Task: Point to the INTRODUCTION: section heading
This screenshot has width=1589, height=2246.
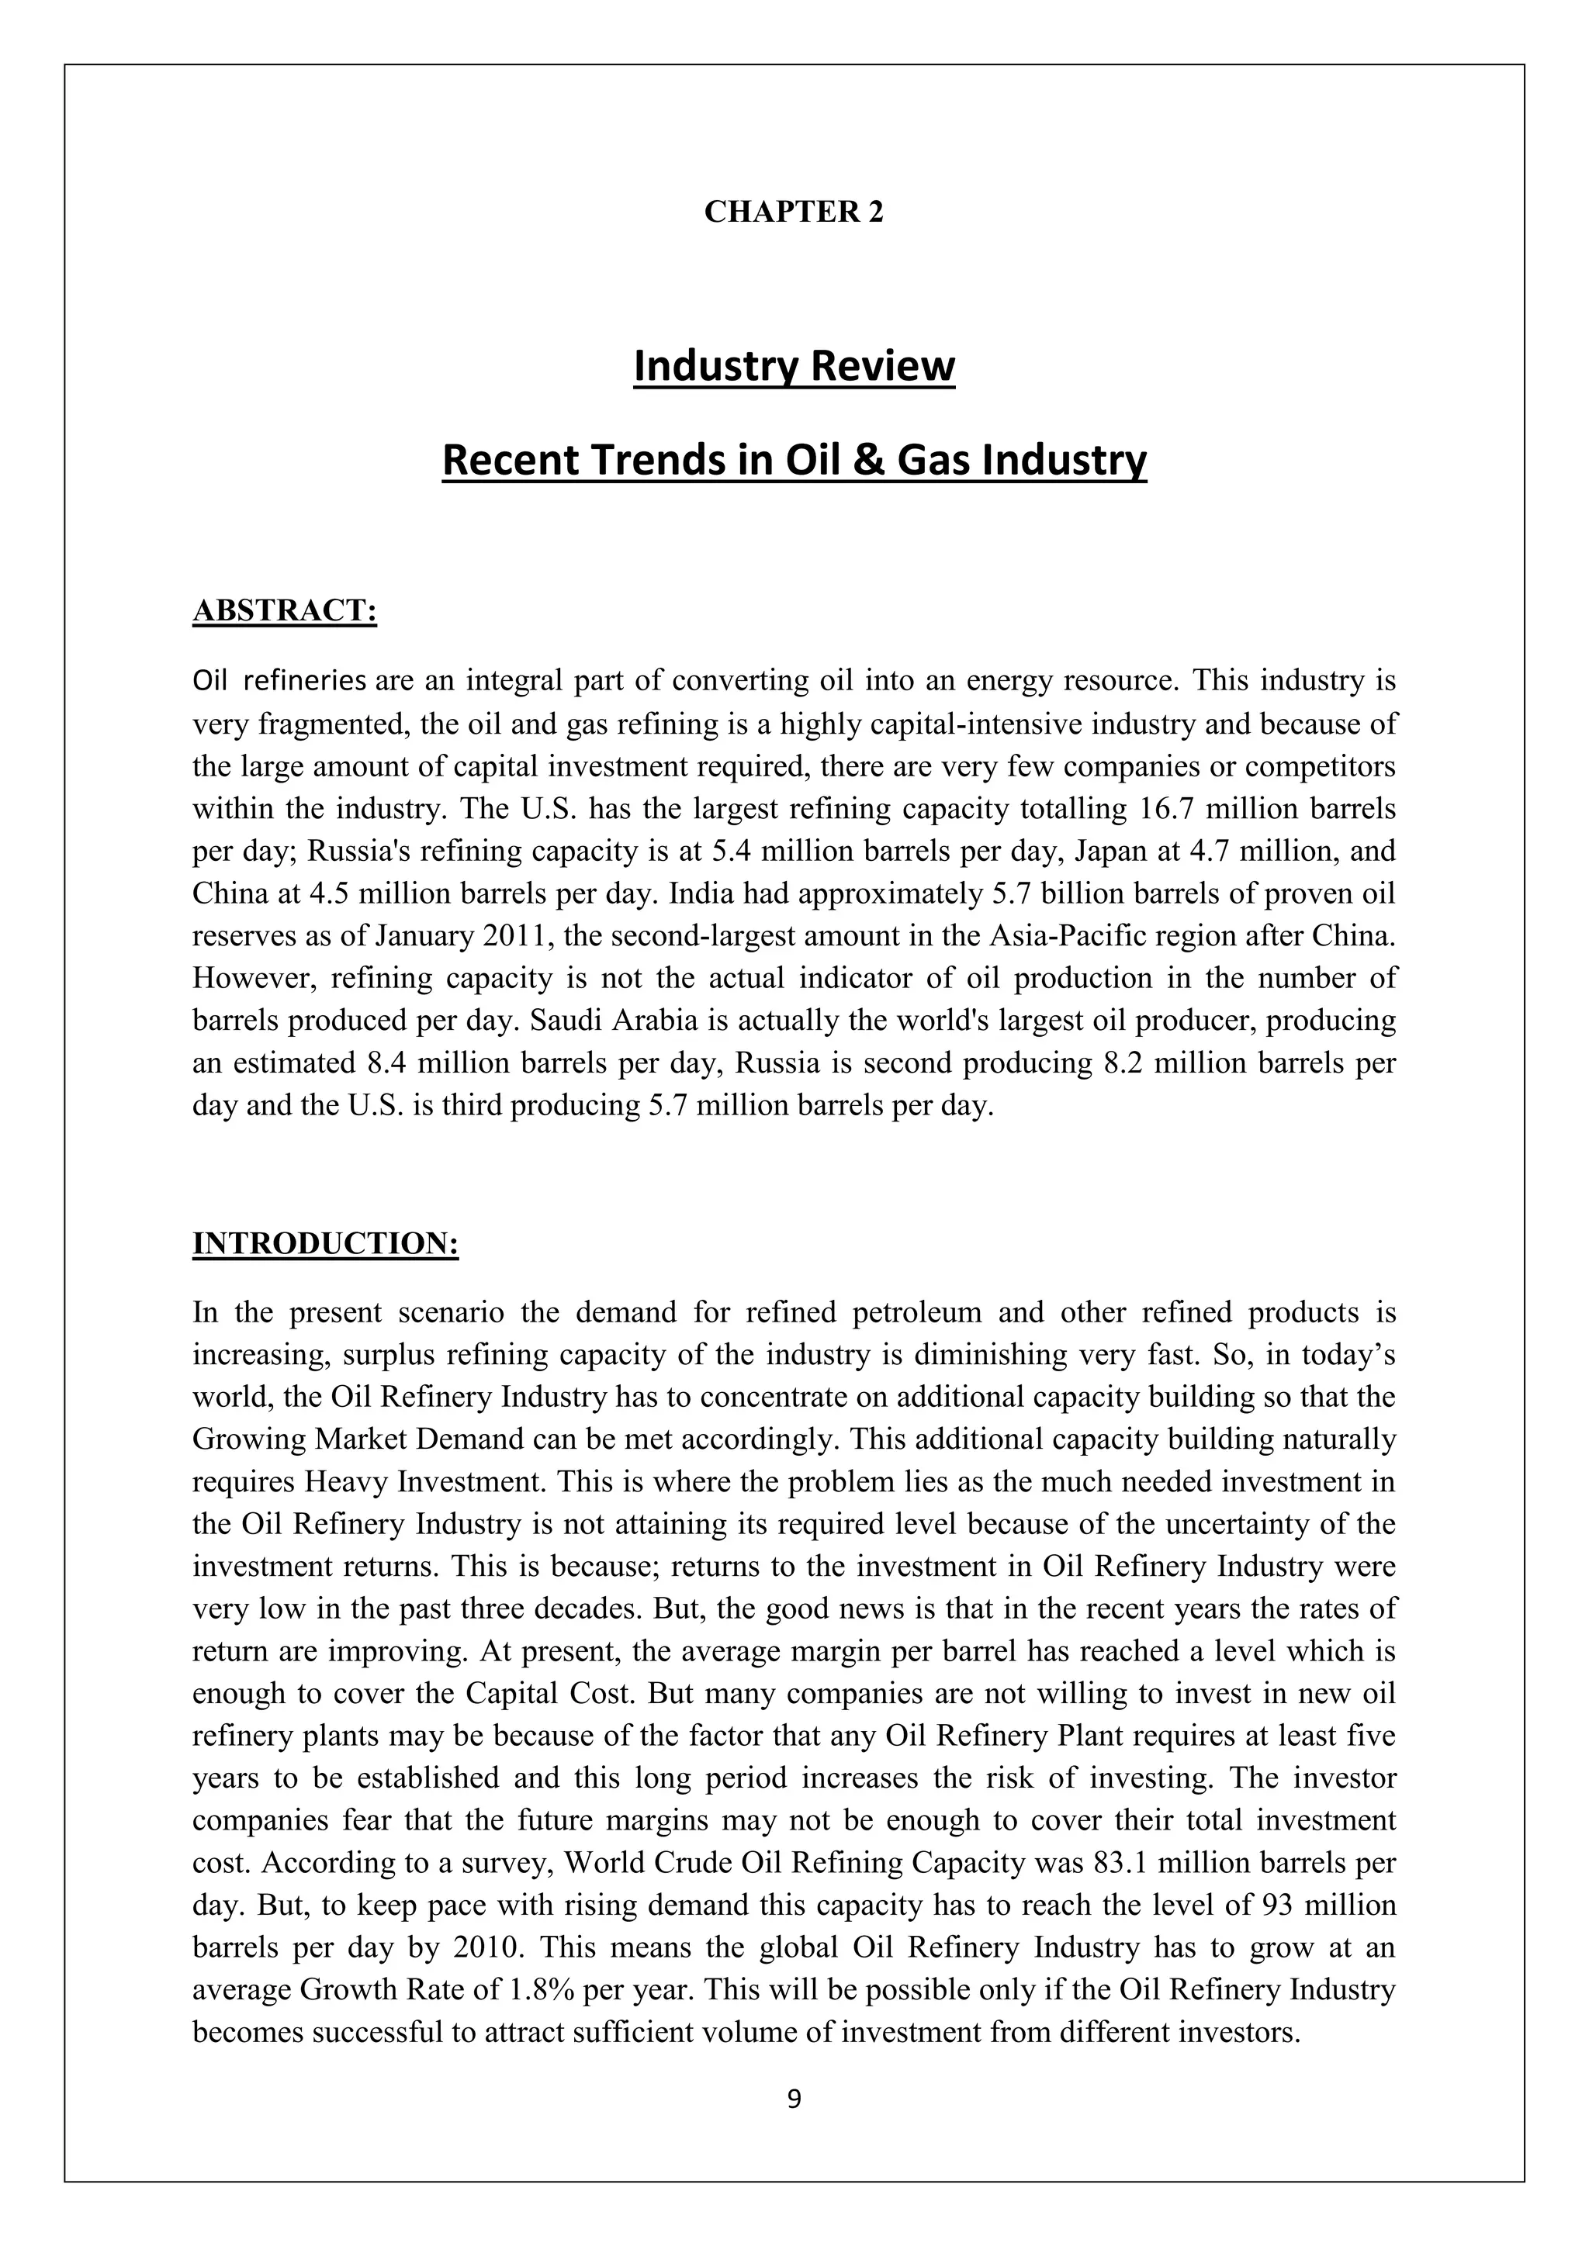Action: [x=326, y=1243]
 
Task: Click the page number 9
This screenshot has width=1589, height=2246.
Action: [x=794, y=2099]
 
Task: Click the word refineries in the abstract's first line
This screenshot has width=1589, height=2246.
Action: [x=304, y=681]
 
